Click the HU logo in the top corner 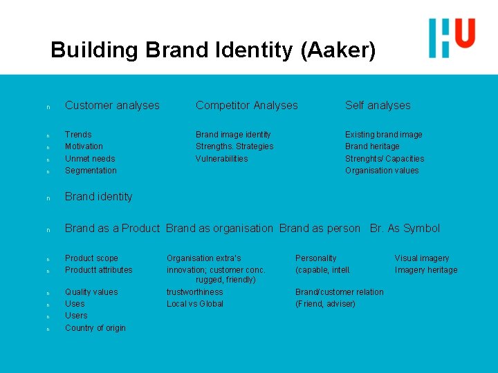452,37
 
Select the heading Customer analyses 112,106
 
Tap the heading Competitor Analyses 246,106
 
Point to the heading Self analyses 378,106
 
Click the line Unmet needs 90,159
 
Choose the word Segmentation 91,171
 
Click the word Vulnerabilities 221,159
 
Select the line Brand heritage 372,146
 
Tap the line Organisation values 382,171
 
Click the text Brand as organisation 219,229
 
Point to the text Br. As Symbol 405,229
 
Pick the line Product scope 91,258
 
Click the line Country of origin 95,328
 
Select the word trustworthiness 194,292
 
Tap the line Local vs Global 194,304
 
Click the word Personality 315,258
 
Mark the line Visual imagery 422,258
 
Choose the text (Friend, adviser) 325,304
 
